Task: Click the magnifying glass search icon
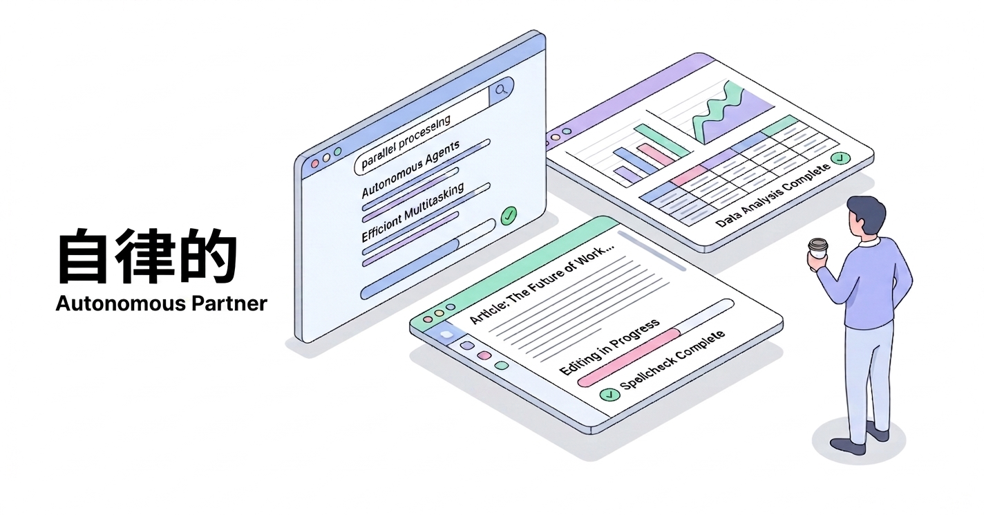(x=502, y=88)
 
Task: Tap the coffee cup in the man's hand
(x=819, y=250)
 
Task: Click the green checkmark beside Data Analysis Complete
(x=840, y=159)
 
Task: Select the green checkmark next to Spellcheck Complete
(x=609, y=395)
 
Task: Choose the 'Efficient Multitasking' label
(x=413, y=212)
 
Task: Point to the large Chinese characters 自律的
(x=147, y=258)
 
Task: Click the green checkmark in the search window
(x=509, y=215)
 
